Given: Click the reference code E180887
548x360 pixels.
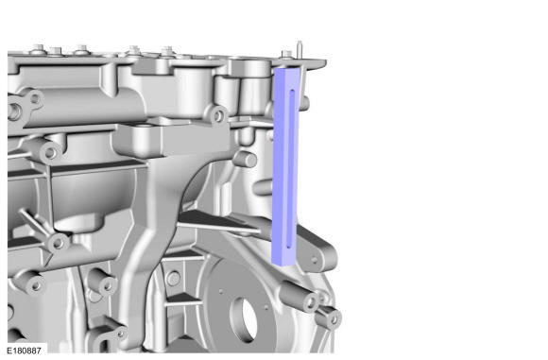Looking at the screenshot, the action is click(24, 351).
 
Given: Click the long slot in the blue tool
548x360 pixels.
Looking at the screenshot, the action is click(290, 169).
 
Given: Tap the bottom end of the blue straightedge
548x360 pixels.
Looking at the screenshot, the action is click(283, 263).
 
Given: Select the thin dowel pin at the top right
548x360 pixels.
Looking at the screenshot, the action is click(300, 49).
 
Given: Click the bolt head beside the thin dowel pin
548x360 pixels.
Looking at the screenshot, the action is click(287, 54).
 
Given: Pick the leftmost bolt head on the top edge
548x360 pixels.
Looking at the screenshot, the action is click(39, 48).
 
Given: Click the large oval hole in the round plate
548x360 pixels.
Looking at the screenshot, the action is click(245, 320).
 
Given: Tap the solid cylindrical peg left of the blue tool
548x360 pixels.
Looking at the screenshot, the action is click(245, 160).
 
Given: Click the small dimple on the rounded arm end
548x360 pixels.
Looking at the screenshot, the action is click(314, 259).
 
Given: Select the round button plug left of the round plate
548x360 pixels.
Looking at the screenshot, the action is click(174, 279).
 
